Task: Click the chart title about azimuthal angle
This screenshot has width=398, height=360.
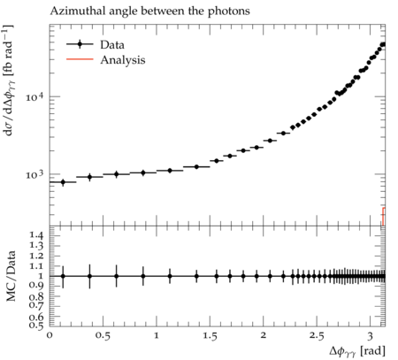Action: click(149, 11)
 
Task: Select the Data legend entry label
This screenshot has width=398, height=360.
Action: click(112, 45)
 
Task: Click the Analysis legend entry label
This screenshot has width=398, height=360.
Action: click(123, 60)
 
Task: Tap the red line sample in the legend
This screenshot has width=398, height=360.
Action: click(80, 59)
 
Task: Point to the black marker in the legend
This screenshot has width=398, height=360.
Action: click(80, 44)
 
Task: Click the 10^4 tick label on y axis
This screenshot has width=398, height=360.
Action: click(34, 96)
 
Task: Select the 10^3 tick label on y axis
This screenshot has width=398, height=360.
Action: click(34, 174)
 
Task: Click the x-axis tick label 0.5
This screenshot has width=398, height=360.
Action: click(103, 336)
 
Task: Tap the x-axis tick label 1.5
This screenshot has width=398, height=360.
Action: click(210, 336)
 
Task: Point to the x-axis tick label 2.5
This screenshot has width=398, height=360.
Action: click(317, 336)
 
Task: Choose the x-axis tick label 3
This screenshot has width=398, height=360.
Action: click(371, 336)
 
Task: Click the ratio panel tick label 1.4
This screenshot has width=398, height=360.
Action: click(37, 235)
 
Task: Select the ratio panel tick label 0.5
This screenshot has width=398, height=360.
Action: click(37, 326)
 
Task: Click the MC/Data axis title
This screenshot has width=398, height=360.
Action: click(11, 276)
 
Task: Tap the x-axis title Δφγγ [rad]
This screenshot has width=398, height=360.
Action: click(357, 351)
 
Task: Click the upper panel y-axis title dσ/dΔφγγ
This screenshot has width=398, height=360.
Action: click(9, 80)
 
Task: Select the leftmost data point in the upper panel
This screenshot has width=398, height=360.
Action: click(63, 182)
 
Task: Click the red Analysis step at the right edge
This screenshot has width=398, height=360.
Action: click(384, 217)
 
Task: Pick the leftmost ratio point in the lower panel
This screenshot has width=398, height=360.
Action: click(63, 276)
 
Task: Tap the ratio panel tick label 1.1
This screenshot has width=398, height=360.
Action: click(37, 266)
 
